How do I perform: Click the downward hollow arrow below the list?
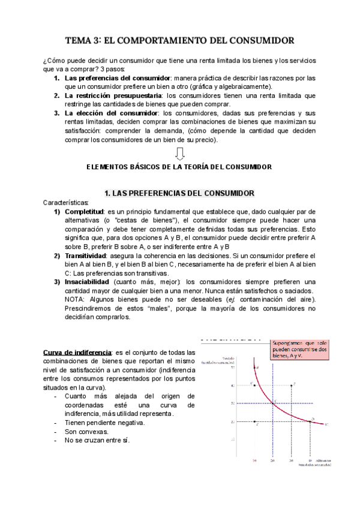tap(180, 154)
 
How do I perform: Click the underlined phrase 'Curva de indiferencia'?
tap(77, 352)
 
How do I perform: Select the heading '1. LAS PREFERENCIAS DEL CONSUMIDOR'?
tap(180, 193)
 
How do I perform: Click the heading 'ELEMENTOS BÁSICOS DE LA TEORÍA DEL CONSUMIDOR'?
tap(180, 167)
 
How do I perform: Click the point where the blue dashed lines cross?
tap(272, 403)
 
